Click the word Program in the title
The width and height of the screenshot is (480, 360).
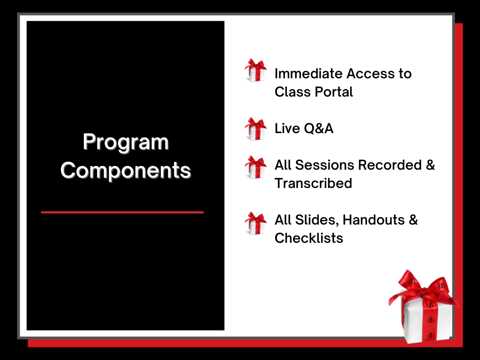pos(126,143)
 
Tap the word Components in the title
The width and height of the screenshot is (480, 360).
pos(126,170)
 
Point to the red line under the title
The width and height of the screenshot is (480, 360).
pos(122,212)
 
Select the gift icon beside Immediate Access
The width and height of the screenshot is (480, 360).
pos(255,70)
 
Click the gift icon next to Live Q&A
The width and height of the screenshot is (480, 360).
pos(255,129)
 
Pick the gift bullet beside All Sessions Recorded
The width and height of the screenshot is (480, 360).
pos(255,167)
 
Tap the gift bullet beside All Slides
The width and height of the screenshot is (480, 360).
pos(255,224)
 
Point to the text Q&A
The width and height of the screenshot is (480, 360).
pos(319,128)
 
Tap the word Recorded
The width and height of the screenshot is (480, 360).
pos(390,165)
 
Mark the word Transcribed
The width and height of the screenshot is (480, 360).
pos(313,183)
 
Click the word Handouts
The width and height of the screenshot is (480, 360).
pos(374,220)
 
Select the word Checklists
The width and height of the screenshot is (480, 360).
pos(309,238)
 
